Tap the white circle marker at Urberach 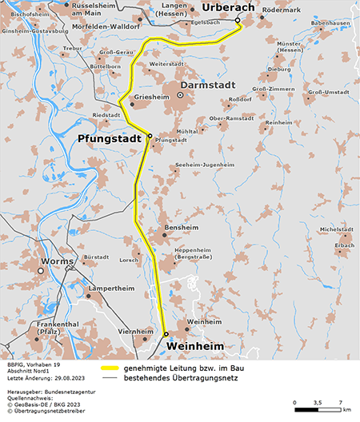[x=238, y=21]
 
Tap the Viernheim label [x=135, y=330]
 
